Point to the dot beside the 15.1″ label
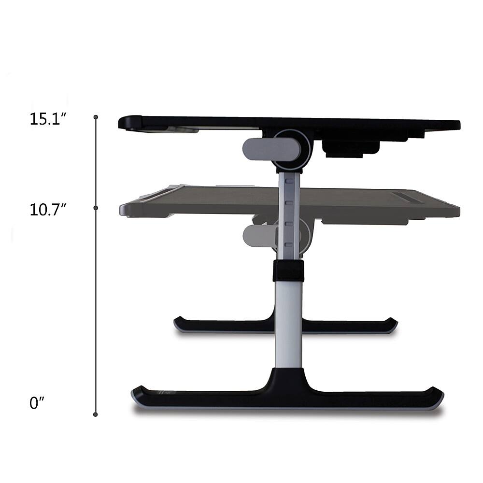pyautogui.click(x=96, y=117)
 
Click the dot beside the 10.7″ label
pyautogui.click(x=96, y=208)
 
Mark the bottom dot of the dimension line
pyautogui.click(x=96, y=414)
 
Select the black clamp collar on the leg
pyautogui.click(x=288, y=270)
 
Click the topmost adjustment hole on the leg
pyautogui.click(x=289, y=182)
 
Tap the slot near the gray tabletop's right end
pyautogui.click(x=408, y=197)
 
